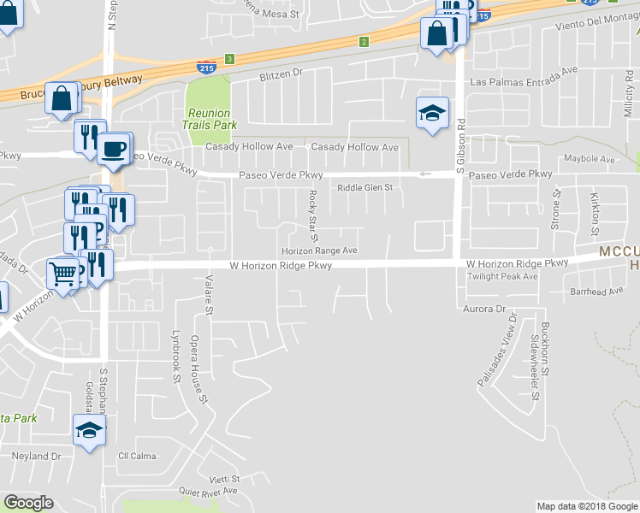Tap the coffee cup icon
[113, 149]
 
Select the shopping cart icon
[63, 274]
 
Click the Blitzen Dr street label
[281, 74]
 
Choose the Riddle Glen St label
[364, 188]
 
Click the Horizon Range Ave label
[319, 251]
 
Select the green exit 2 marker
[364, 41]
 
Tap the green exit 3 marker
[229, 58]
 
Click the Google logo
[28, 503]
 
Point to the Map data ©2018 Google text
[587, 506]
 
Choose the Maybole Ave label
[590, 160]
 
